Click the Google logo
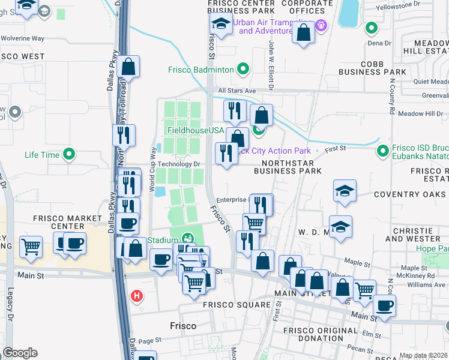pos(20,353)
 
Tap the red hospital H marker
pos(137,295)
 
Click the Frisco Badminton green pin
pos(243,70)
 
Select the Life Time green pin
pos(70,155)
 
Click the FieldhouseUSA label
pos(195,130)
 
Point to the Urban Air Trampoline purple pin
pos(321,25)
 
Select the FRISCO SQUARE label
pos(237,305)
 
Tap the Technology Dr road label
pos(178,164)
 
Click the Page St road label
pos(146,340)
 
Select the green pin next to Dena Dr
pos(372,28)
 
